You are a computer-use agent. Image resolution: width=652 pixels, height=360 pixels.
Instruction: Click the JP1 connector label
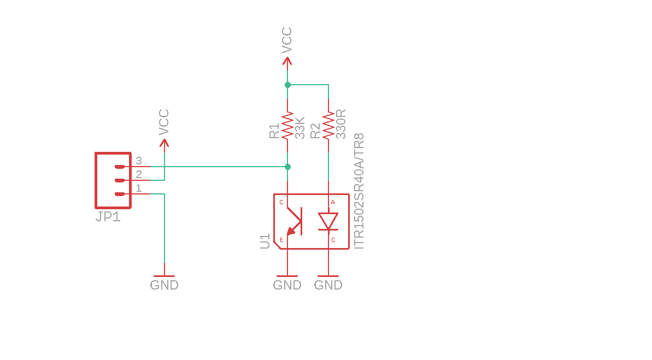coord(108,217)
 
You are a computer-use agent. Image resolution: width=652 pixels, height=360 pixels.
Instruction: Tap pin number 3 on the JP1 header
coord(139,161)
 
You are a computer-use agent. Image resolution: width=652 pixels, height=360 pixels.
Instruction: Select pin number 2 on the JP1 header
coord(139,175)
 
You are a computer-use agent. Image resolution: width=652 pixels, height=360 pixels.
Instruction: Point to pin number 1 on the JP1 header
coord(139,188)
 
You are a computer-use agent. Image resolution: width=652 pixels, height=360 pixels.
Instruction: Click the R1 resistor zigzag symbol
coord(287,126)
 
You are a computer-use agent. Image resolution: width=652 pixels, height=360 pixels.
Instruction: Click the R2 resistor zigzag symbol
coord(328,126)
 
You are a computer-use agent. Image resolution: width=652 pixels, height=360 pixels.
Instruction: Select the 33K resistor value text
coord(299,128)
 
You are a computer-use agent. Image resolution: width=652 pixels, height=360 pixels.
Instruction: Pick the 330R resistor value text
coord(341,124)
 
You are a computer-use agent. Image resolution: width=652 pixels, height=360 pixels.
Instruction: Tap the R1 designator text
coord(274,131)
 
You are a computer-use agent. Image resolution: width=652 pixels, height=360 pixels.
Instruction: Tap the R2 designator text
coord(315,131)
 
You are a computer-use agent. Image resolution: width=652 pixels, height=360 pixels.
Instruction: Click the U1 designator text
coord(265,241)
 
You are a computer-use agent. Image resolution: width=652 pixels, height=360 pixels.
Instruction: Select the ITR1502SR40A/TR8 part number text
coord(359,191)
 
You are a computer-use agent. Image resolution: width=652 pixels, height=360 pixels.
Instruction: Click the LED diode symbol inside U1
coord(328,221)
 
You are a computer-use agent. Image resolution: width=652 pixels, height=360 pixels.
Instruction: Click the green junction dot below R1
coord(287,167)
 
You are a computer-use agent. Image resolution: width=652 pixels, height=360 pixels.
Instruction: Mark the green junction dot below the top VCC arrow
coord(287,85)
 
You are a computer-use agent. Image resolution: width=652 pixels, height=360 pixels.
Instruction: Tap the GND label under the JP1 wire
coord(164,285)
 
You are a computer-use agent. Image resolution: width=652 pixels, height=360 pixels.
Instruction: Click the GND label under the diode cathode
coord(328,285)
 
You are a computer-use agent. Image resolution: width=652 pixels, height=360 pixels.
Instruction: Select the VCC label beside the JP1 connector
coord(164,122)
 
